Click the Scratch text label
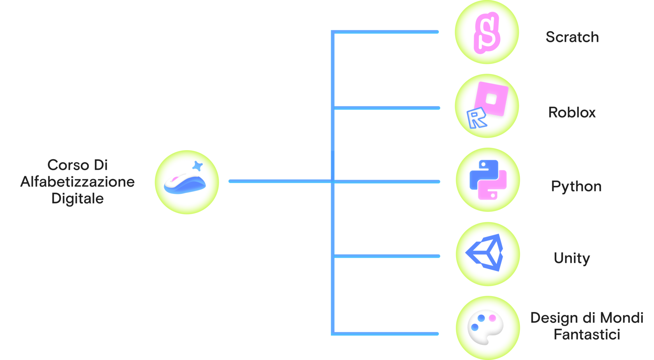coord(572,37)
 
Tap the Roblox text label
coord(571,112)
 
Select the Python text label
coord(576,187)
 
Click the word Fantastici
coord(587,335)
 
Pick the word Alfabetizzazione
coord(77,182)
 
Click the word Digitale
coord(77,199)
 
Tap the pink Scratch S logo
coord(487,33)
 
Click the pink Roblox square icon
coord(491,99)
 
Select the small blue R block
coord(476,118)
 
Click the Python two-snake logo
coord(488,179)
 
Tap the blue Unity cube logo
coord(484,253)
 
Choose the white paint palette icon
coord(485,327)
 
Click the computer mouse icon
coord(185,183)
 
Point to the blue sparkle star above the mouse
coord(198,166)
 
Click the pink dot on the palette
coord(492,318)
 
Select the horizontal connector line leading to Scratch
coord(385,32)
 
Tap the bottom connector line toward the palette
coord(385,334)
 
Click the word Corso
coord(69,165)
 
